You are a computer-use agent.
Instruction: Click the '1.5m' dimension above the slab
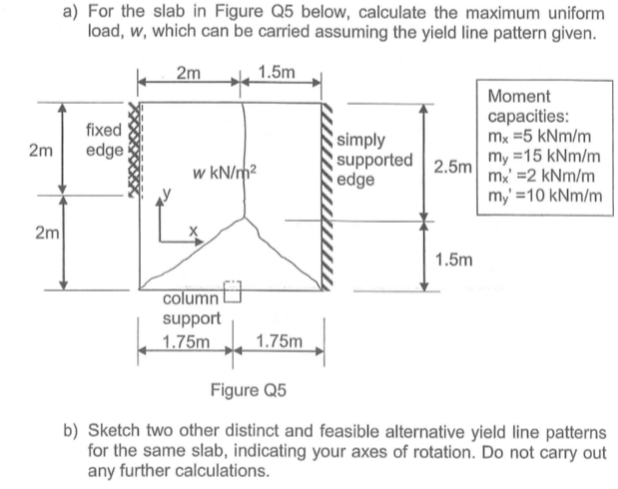click(275, 74)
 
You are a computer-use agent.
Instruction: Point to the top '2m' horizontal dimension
click(187, 74)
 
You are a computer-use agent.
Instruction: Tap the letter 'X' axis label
click(196, 229)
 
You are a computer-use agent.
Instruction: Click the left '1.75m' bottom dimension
click(185, 343)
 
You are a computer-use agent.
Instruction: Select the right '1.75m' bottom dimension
click(278, 343)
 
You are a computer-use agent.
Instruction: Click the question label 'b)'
click(70, 430)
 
